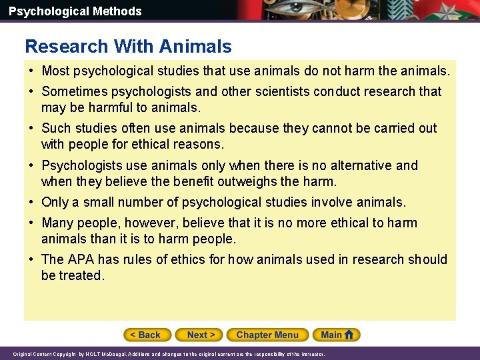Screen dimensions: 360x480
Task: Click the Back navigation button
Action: (147, 335)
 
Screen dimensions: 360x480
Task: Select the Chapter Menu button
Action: (267, 335)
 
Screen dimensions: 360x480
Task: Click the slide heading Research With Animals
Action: (128, 47)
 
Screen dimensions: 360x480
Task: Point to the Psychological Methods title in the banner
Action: (75, 11)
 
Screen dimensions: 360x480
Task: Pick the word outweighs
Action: (241, 181)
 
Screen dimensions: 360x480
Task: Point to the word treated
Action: (81, 275)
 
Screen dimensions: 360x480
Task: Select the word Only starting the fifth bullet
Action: (55, 202)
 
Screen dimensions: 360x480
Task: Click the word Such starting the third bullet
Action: (56, 128)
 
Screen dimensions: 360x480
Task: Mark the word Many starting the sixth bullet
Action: (57, 223)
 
